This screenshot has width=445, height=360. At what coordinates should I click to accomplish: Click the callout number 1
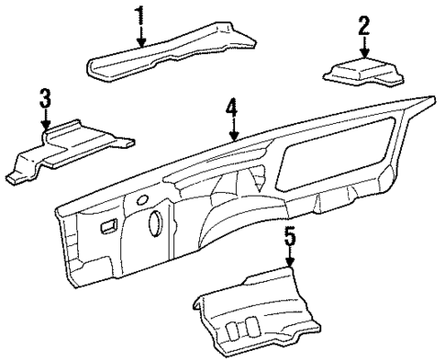[141, 15]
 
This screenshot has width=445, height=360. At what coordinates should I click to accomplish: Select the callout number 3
[45, 98]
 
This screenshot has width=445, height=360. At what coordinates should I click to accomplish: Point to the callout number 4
[233, 111]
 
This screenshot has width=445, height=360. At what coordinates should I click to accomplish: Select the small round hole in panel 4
[142, 199]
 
